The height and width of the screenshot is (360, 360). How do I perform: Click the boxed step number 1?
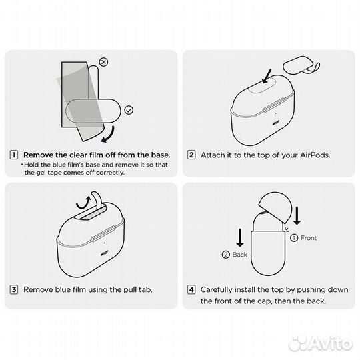pyautogui.click(x=14, y=155)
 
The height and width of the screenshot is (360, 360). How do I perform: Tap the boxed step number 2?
pyautogui.click(x=191, y=155)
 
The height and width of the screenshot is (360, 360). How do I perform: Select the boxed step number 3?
pyautogui.click(x=14, y=289)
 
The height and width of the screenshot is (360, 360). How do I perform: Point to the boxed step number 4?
pyautogui.click(x=191, y=289)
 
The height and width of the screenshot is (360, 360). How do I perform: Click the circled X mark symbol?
pyautogui.click(x=103, y=62)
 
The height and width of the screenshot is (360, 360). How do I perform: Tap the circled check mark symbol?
pyautogui.click(x=129, y=110)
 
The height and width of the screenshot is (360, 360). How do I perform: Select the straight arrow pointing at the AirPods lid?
pyautogui.click(x=267, y=76)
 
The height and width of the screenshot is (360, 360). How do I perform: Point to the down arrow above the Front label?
pyautogui.click(x=297, y=215)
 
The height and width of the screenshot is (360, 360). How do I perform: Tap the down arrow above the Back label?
pyautogui.click(x=240, y=237)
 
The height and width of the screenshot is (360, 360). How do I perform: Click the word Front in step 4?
pyautogui.click(x=309, y=238)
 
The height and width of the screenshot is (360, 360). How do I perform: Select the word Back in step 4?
pyautogui.click(x=240, y=255)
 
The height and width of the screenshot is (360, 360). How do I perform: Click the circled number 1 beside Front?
pyautogui.click(x=294, y=238)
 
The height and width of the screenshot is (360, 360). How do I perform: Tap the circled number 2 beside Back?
pyautogui.click(x=226, y=255)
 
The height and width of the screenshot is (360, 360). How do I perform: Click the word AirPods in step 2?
pyautogui.click(x=315, y=155)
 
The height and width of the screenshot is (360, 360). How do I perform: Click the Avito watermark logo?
pyautogui.click(x=321, y=344)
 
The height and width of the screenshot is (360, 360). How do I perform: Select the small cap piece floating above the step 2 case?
pyautogui.click(x=301, y=65)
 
